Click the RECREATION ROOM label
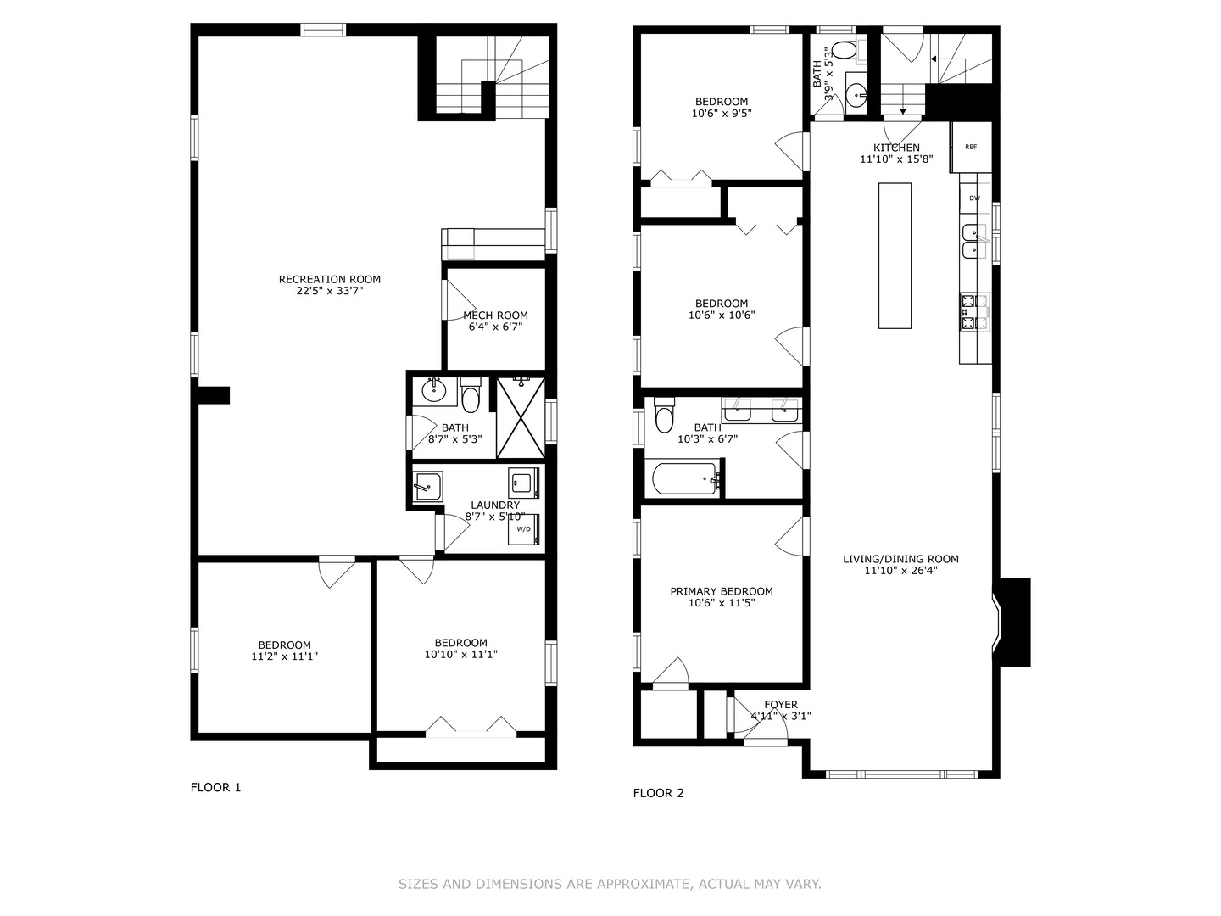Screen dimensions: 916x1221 pyautogui.click(x=330, y=279)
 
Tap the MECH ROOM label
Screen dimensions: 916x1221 pyautogui.click(x=495, y=316)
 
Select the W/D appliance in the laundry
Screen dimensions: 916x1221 pyautogui.click(x=523, y=529)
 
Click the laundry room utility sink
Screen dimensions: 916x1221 pyautogui.click(x=427, y=487)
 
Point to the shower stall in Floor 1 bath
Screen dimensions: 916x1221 pyautogui.click(x=520, y=417)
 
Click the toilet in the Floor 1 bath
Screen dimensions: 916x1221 pyautogui.click(x=471, y=396)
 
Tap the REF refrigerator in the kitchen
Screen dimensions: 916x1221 pyautogui.click(x=970, y=147)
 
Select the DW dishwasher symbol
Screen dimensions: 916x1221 pyautogui.click(x=974, y=198)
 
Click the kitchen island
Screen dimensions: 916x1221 pyautogui.click(x=894, y=255)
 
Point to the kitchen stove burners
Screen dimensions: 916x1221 pyautogui.click(x=974, y=311)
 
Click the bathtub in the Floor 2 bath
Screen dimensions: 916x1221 pyautogui.click(x=685, y=480)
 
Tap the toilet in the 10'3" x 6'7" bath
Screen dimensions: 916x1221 pyautogui.click(x=664, y=416)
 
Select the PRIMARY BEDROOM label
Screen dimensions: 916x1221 pyautogui.click(x=722, y=591)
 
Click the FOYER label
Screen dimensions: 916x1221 pyautogui.click(x=780, y=705)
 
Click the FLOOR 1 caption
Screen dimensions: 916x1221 pyautogui.click(x=215, y=787)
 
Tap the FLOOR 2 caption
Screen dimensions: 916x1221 pyautogui.click(x=658, y=793)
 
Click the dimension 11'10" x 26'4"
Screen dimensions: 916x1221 pyautogui.click(x=900, y=571)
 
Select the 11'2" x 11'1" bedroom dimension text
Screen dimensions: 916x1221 pyautogui.click(x=284, y=656)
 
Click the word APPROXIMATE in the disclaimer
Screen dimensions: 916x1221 pyautogui.click(x=643, y=884)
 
